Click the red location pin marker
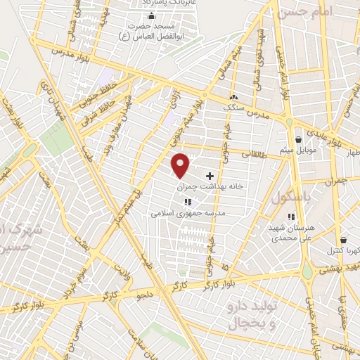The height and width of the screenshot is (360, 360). click(181, 165)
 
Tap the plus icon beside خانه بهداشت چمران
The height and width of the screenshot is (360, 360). click(210, 175)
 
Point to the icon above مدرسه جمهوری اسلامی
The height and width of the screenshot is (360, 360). click(186, 202)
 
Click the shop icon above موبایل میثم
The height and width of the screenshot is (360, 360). click(299, 139)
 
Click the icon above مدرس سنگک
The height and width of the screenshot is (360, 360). click(233, 97)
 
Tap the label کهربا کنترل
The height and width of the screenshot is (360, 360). click(344, 250)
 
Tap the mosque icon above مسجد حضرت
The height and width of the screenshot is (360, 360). click(150, 16)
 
